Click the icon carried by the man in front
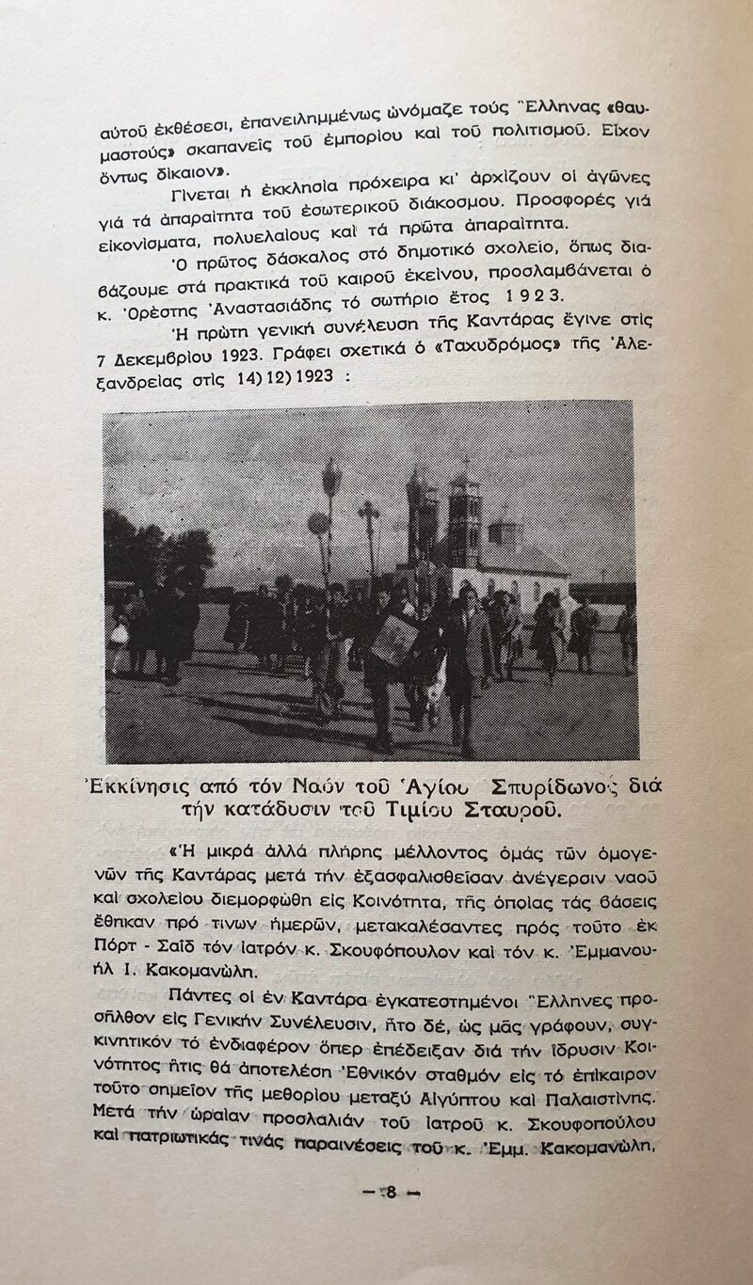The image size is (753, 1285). (x=396, y=641)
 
